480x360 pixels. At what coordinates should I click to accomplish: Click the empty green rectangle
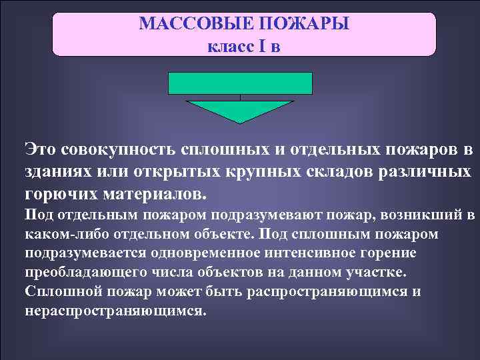click(240, 83)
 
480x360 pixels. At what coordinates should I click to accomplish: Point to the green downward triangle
click(240, 110)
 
